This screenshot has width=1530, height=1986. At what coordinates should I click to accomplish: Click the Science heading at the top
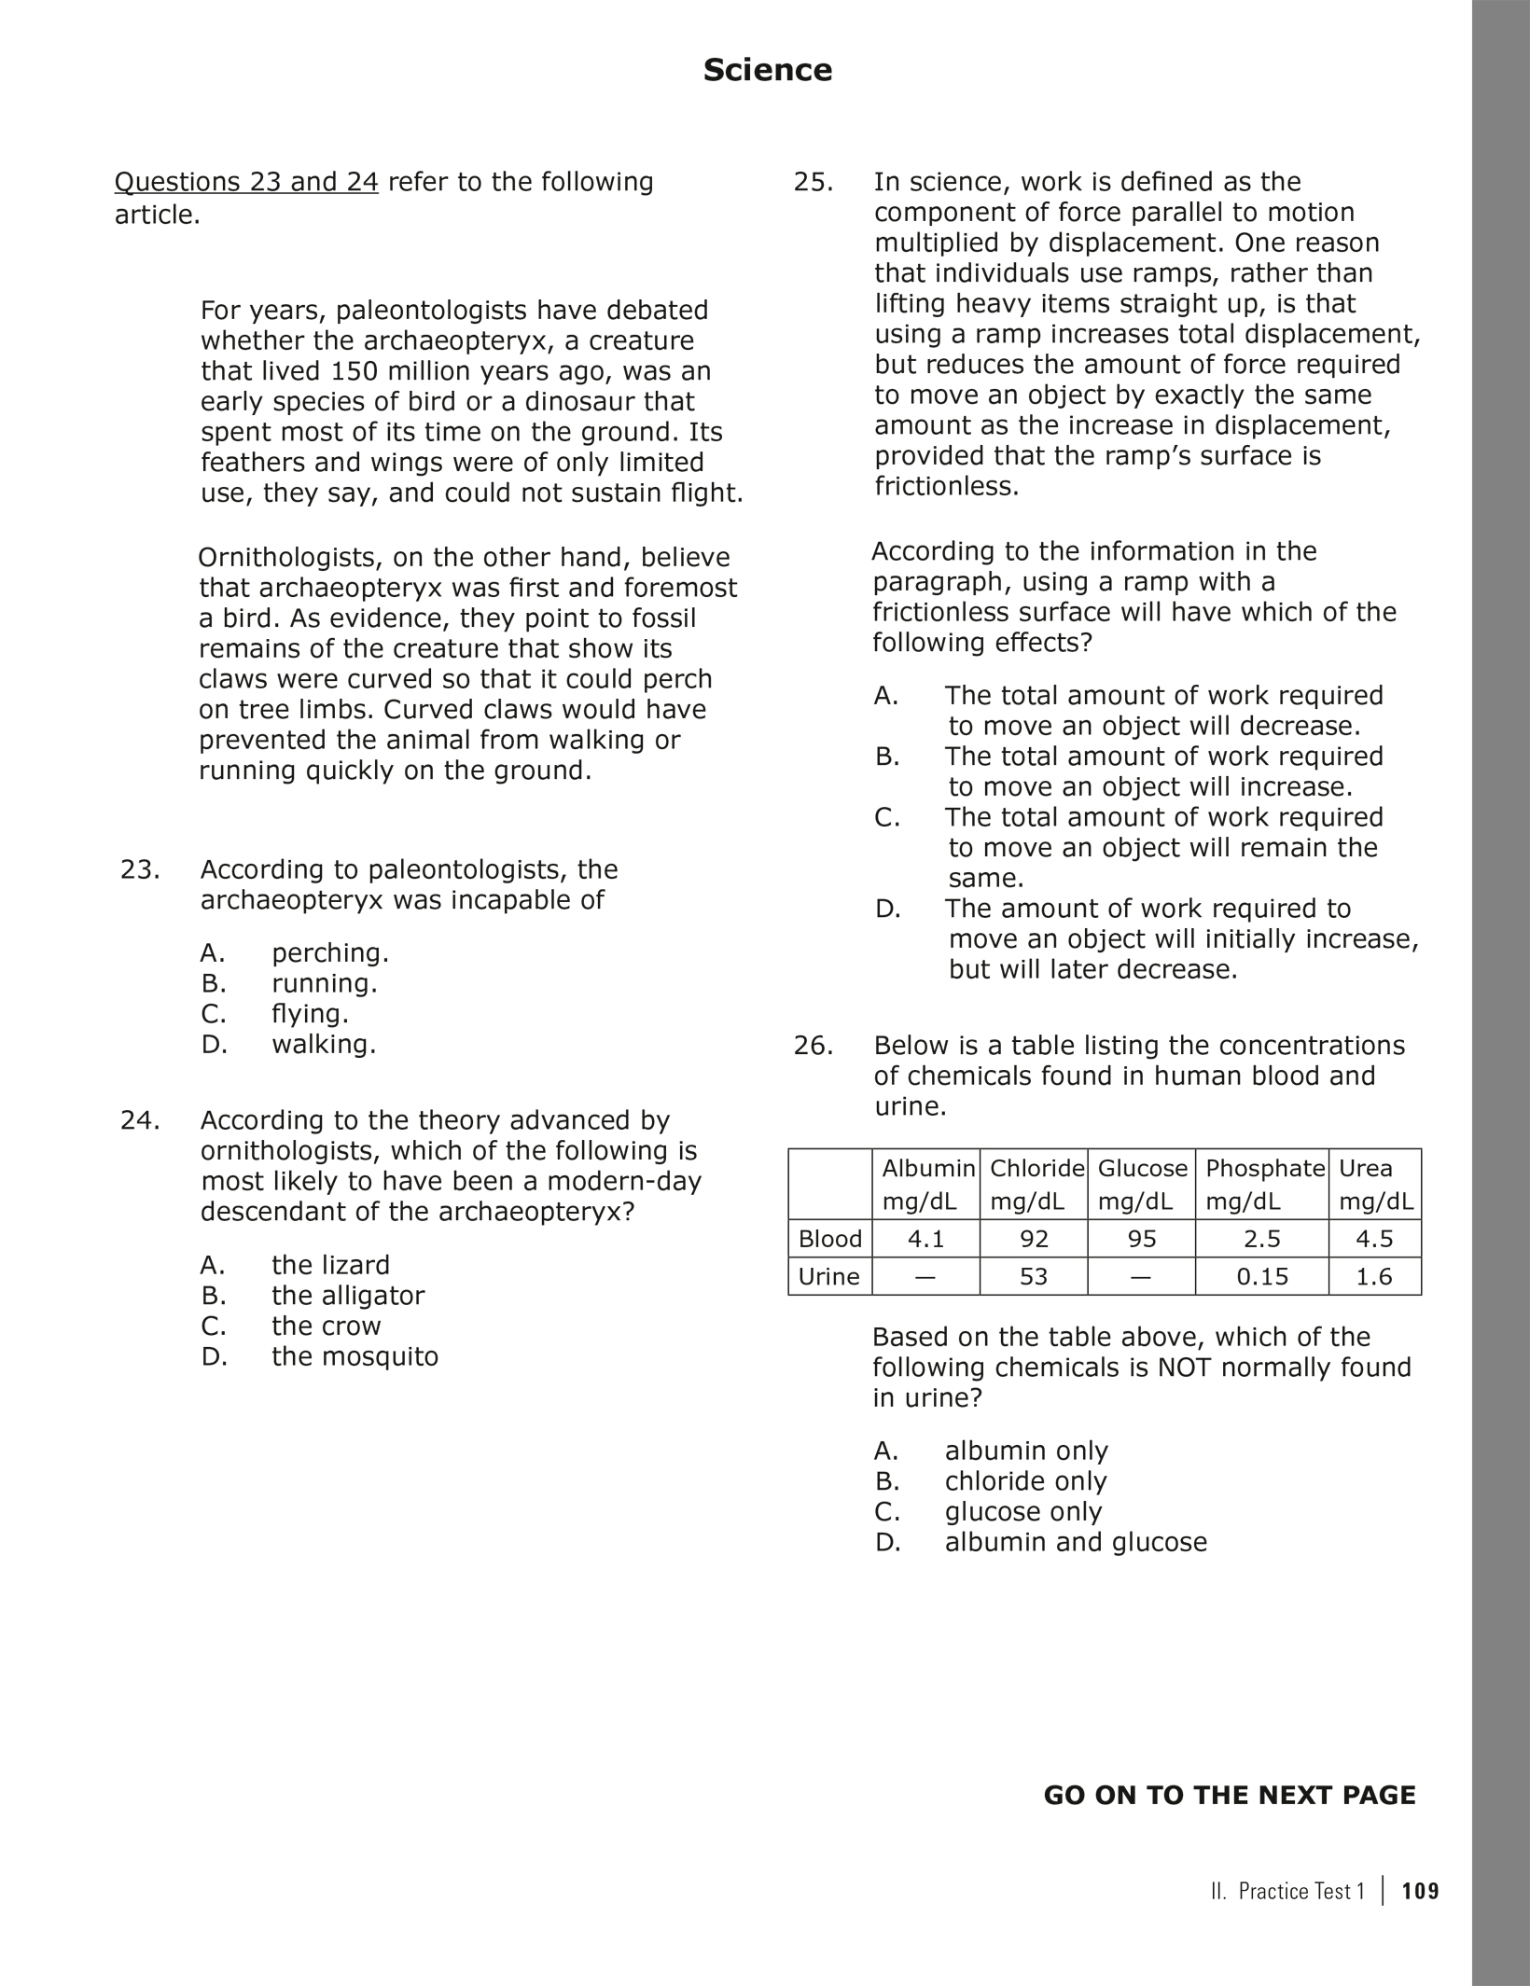(x=767, y=70)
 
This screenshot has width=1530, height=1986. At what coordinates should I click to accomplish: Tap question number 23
(x=140, y=869)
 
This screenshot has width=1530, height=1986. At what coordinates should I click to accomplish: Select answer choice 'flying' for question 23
(x=310, y=1013)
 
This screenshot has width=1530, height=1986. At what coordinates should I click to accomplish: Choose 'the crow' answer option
(x=326, y=1326)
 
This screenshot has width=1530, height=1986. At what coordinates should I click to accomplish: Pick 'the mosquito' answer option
(x=355, y=1356)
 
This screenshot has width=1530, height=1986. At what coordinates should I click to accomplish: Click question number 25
(x=813, y=182)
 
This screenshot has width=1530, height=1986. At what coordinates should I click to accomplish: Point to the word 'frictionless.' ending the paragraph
(x=946, y=486)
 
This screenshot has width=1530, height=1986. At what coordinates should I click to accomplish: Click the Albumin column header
(x=927, y=1168)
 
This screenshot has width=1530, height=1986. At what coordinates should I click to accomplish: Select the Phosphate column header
(x=1264, y=1168)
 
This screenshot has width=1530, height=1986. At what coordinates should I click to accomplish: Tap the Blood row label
(x=829, y=1239)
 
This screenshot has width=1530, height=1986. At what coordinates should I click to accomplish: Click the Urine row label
(x=829, y=1276)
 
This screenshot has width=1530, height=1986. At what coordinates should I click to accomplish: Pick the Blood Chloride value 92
(x=1034, y=1239)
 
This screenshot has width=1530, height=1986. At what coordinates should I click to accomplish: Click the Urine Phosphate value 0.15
(x=1262, y=1276)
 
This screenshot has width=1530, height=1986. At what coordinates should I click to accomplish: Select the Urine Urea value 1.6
(x=1374, y=1276)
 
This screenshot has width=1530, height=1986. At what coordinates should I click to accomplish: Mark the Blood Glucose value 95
(x=1141, y=1239)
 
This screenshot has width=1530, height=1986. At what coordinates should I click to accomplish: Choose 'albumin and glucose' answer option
(x=1075, y=1541)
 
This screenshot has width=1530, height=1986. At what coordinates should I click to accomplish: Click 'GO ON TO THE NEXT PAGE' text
(x=1229, y=1796)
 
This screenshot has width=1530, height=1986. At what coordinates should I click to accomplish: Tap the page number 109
(x=1420, y=1891)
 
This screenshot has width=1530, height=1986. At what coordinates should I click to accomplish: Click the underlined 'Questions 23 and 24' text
(x=246, y=182)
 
